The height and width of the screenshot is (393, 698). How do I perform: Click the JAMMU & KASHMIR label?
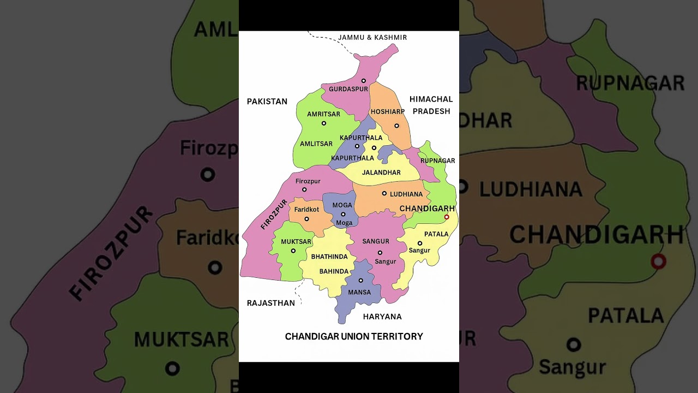tap(372, 38)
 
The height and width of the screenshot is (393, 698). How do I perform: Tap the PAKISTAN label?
tap(267, 102)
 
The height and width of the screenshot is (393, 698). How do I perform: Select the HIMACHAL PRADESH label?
tap(431, 105)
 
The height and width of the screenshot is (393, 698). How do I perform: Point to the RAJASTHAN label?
tap(271, 303)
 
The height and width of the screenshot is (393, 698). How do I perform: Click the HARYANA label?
tap(382, 317)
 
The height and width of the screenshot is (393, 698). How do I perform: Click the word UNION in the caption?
tap(355, 337)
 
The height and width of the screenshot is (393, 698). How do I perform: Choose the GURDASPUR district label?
tap(348, 89)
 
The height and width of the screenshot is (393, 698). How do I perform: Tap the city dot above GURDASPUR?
tap(364, 81)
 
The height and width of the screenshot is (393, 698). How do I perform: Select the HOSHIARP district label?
tap(388, 112)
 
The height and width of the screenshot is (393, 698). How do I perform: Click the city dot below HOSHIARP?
tap(396, 126)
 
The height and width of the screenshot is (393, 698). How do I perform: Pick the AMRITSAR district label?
tap(323, 114)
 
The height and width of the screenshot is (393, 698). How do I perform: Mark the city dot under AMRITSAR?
tap(323, 123)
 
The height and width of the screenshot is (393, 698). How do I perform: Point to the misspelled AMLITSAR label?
tap(316, 144)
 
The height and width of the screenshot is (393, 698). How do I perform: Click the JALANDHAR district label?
tap(382, 172)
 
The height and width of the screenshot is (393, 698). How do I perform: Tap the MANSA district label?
tap(359, 293)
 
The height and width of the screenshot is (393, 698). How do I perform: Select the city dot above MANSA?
tap(360, 281)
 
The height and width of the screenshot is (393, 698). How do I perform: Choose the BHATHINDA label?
tap(329, 257)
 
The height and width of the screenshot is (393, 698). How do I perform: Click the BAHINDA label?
tap(334, 271)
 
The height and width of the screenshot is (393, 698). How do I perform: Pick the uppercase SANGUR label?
tap(376, 241)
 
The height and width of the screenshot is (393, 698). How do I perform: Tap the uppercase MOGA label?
tap(342, 205)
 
